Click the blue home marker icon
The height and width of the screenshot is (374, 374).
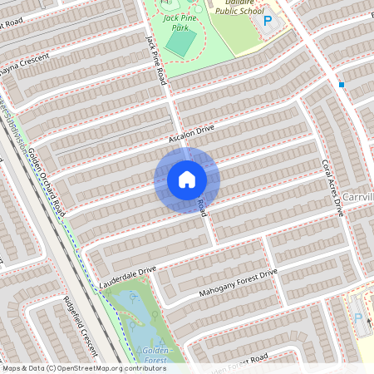(x=187, y=180)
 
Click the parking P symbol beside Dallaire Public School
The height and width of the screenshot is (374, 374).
(x=268, y=20)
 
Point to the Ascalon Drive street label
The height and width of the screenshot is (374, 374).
(x=191, y=131)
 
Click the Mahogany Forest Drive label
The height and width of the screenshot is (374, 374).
(x=238, y=283)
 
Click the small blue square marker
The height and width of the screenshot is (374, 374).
(x=341, y=84)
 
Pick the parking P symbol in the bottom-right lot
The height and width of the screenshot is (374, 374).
(x=358, y=317)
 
